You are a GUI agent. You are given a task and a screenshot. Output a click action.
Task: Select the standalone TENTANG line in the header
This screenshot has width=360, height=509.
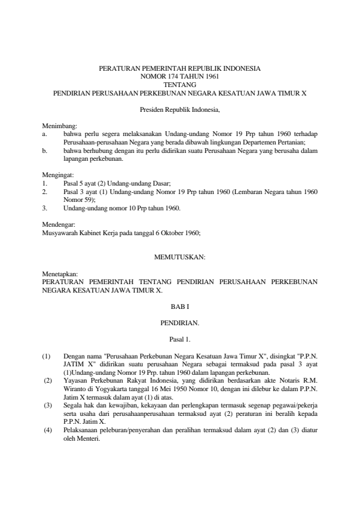[180, 86]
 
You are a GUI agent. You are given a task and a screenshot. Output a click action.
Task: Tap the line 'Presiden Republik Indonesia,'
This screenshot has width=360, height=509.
[180, 111]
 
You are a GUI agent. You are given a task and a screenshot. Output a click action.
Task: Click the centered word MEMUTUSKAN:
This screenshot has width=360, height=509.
[180, 257]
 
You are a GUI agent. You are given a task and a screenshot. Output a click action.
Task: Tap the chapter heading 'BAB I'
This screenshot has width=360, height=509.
[180, 307]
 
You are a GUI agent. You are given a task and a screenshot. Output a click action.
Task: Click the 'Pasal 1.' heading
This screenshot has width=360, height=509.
[180, 339]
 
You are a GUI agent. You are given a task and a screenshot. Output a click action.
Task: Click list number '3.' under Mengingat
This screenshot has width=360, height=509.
[44, 207]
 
